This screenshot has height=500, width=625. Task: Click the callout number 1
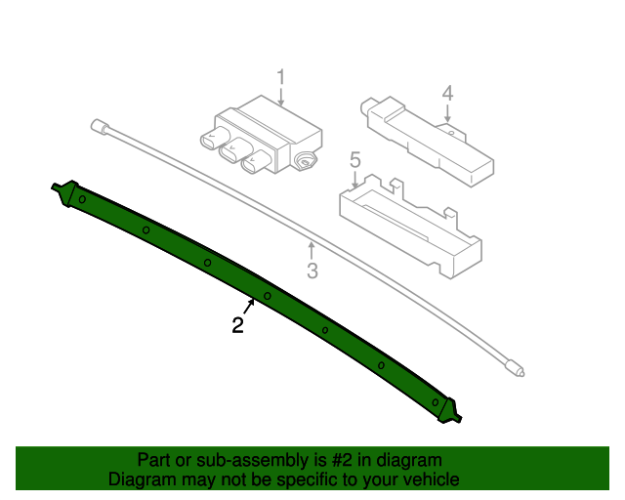[281, 76]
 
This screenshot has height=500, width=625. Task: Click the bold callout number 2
[237, 325]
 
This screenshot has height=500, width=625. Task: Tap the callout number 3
[312, 271]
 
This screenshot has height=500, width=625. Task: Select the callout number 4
[447, 93]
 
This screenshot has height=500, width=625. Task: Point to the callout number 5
[354, 160]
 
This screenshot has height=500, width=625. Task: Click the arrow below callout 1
[281, 97]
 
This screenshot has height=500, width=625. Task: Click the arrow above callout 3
[312, 250]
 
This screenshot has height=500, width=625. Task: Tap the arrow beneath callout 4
[447, 113]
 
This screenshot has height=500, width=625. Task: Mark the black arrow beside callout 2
[248, 307]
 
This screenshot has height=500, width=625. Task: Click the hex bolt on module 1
[306, 162]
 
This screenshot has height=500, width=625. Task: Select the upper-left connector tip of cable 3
[99, 126]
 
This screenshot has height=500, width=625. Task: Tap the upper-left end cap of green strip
[64, 192]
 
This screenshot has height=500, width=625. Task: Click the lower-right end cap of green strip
[449, 411]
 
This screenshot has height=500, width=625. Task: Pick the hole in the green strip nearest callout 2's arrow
[268, 296]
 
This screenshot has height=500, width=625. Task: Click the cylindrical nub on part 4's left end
[366, 105]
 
